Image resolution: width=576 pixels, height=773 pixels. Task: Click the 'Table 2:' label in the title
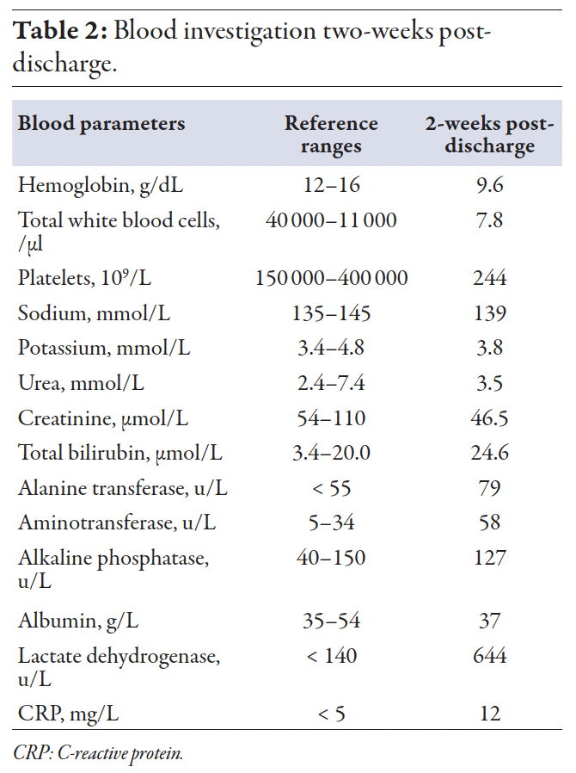coord(60,32)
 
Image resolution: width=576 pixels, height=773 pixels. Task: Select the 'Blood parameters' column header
coord(101,123)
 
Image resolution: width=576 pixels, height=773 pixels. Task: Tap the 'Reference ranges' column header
coord(331,134)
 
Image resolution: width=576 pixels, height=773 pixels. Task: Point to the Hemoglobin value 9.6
coord(489,185)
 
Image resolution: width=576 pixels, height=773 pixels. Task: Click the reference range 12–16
coord(331,185)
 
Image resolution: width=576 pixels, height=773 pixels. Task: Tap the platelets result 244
coord(489,278)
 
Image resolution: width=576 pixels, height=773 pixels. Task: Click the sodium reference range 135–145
coord(331,313)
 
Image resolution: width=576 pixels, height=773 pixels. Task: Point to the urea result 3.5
coord(489,383)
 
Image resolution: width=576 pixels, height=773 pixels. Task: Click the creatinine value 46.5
coord(489,418)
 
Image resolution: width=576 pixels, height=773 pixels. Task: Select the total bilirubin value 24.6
coord(489,453)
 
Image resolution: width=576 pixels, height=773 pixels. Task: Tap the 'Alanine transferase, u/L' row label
coord(123,488)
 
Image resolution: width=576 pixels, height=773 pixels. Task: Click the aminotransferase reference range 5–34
coord(331,523)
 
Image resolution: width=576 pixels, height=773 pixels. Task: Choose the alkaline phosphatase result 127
coord(489,558)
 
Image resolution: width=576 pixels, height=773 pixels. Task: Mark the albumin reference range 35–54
coord(331,621)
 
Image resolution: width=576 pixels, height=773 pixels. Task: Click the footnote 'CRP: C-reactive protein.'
coord(98,751)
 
